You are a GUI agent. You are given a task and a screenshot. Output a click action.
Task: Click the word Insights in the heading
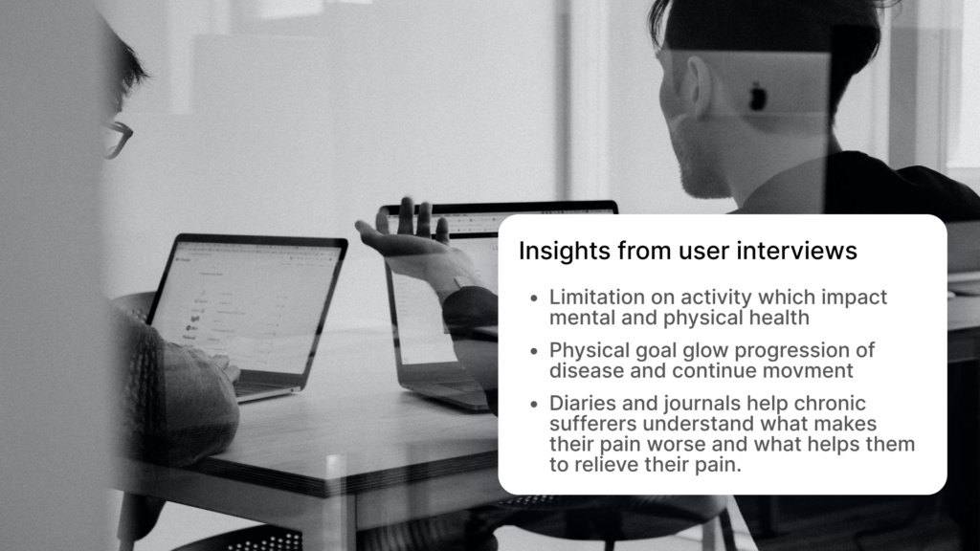click(x=565, y=252)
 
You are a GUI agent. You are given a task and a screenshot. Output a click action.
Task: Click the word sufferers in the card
click(x=593, y=424)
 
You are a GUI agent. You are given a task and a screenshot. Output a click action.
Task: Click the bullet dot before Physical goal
click(x=533, y=351)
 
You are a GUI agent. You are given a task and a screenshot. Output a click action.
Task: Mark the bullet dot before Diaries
click(x=533, y=405)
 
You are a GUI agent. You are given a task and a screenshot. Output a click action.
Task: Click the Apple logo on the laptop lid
click(x=758, y=97)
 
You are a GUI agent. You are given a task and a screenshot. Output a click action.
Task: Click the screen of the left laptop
click(x=248, y=306)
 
